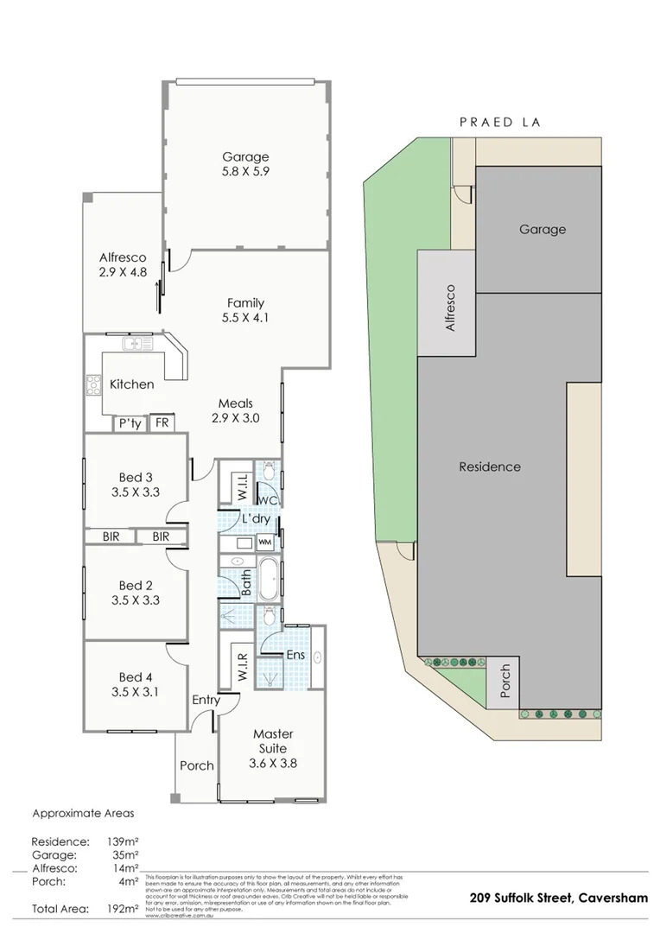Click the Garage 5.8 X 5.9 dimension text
(245, 173)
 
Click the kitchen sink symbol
(137, 345)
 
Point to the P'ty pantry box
(130, 423)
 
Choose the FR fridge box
(162, 423)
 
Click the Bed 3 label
(135, 477)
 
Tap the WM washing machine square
(263, 542)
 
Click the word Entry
(206, 700)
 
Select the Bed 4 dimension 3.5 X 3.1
(135, 691)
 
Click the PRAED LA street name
(499, 123)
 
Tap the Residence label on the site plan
(490, 466)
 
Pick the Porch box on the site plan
(505, 682)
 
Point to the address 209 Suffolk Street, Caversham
(556, 898)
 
